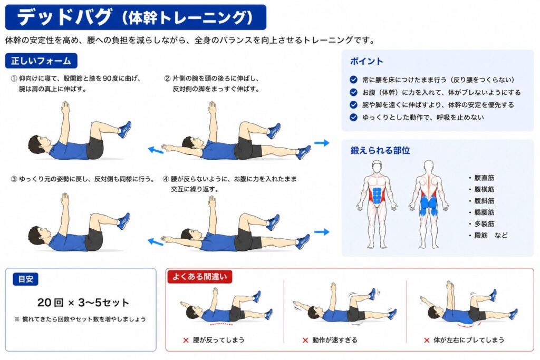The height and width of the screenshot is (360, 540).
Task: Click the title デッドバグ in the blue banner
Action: (x=65, y=17)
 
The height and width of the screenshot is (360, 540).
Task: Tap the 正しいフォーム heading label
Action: (x=41, y=61)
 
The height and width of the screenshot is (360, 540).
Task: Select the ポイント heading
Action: (x=367, y=61)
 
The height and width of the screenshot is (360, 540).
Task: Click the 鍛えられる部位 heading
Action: (x=380, y=150)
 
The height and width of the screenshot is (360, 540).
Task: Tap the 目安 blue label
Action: (x=25, y=279)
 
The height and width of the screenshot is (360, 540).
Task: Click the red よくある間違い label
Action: (x=200, y=277)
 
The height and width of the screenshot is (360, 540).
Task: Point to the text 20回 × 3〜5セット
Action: (x=83, y=303)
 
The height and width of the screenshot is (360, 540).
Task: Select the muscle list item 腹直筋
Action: (x=484, y=178)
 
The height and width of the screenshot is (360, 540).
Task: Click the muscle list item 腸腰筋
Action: (x=484, y=212)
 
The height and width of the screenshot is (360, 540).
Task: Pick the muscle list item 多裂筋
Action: (x=484, y=223)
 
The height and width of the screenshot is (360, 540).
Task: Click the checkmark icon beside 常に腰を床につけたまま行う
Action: (x=353, y=80)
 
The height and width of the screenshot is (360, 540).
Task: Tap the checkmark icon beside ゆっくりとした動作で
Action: (x=353, y=118)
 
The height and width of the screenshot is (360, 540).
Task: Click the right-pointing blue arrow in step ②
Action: (x=322, y=142)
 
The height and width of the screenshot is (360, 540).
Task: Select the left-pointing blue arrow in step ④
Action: (x=156, y=242)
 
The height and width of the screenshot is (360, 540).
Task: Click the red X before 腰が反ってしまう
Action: (x=186, y=340)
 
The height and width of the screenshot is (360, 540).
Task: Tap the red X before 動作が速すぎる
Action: (x=305, y=340)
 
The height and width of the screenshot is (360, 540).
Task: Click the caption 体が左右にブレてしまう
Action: (x=469, y=340)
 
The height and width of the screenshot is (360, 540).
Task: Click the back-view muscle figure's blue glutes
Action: (x=428, y=206)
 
